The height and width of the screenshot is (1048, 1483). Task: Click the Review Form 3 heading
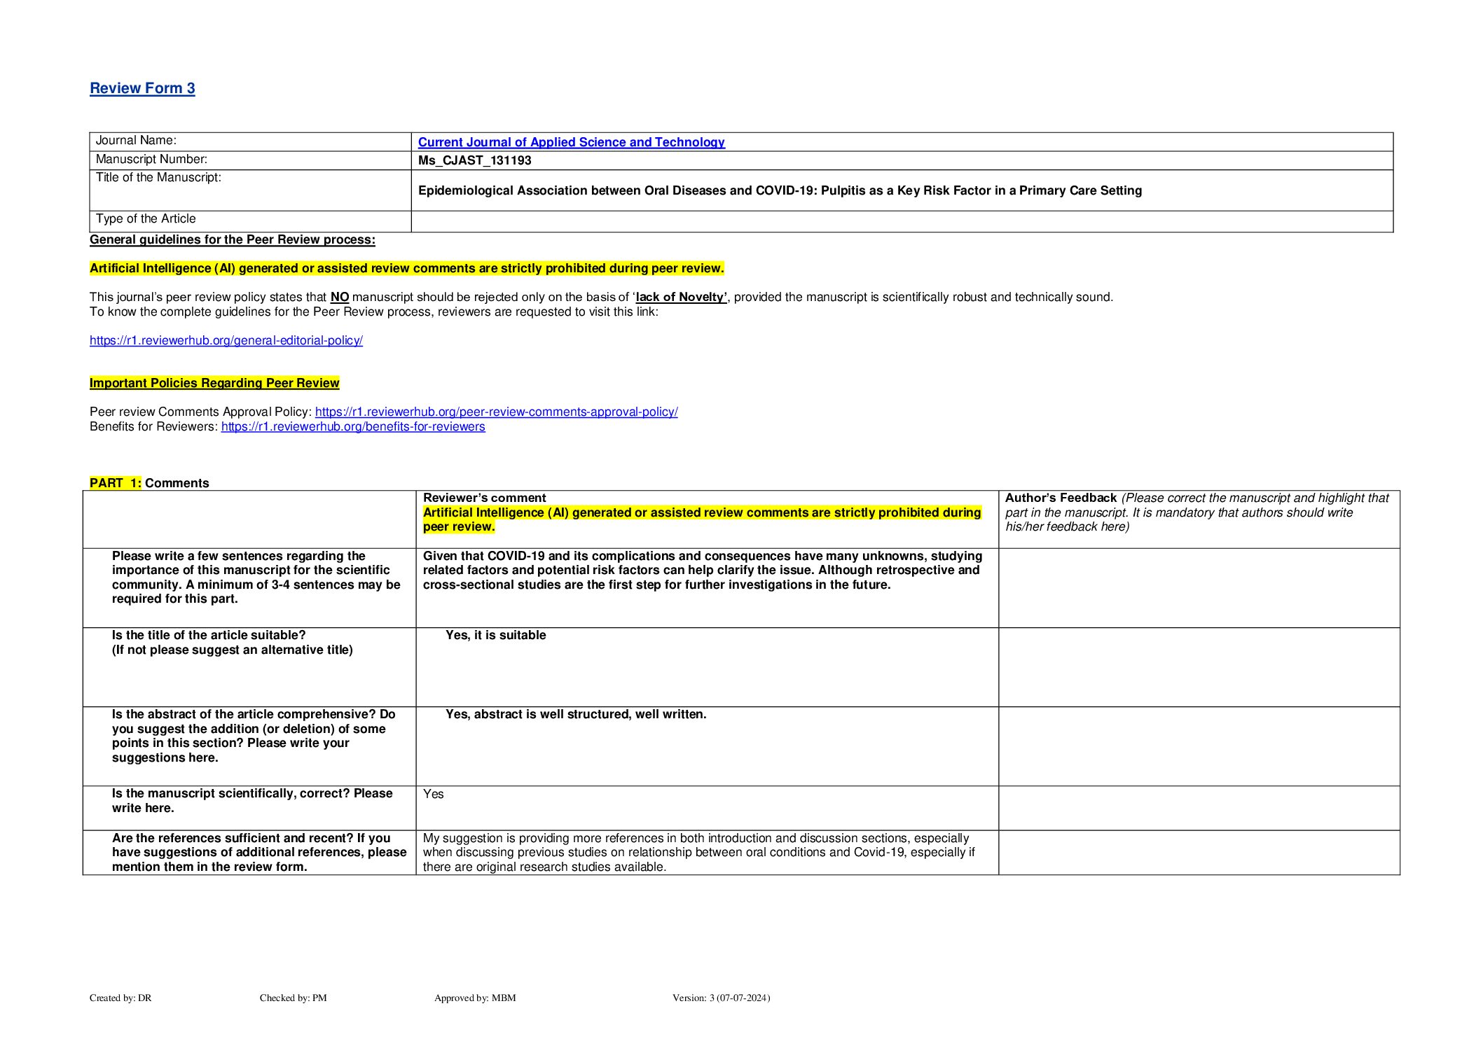click(142, 88)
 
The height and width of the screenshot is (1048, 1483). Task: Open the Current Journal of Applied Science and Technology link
click(571, 142)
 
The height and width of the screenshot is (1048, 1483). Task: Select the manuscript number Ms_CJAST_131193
click(474, 160)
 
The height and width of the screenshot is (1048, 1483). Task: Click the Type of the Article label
click(146, 218)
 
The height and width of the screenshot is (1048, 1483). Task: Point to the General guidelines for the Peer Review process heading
click(232, 239)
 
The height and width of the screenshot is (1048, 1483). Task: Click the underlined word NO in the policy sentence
click(340, 297)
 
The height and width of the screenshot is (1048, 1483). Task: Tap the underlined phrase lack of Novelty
click(681, 297)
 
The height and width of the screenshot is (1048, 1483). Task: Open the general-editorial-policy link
click(226, 340)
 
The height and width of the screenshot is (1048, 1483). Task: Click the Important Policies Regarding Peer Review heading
click(214, 383)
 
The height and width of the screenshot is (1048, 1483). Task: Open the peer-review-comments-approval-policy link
click(496, 412)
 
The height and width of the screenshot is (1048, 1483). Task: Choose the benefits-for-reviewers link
click(353, 426)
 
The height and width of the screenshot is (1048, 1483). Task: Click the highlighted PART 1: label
click(115, 483)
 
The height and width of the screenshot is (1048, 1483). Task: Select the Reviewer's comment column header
click(484, 498)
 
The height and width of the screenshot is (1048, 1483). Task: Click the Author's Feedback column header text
click(1061, 498)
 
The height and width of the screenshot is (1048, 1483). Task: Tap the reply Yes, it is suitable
click(495, 635)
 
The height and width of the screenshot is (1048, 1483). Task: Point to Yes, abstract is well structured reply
click(576, 714)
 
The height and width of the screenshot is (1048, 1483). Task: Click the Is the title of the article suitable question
click(209, 635)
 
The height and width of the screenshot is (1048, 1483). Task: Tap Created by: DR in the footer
click(120, 998)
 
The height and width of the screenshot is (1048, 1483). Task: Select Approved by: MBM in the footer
click(475, 998)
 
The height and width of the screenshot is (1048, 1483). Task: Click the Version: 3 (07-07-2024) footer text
click(721, 998)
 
